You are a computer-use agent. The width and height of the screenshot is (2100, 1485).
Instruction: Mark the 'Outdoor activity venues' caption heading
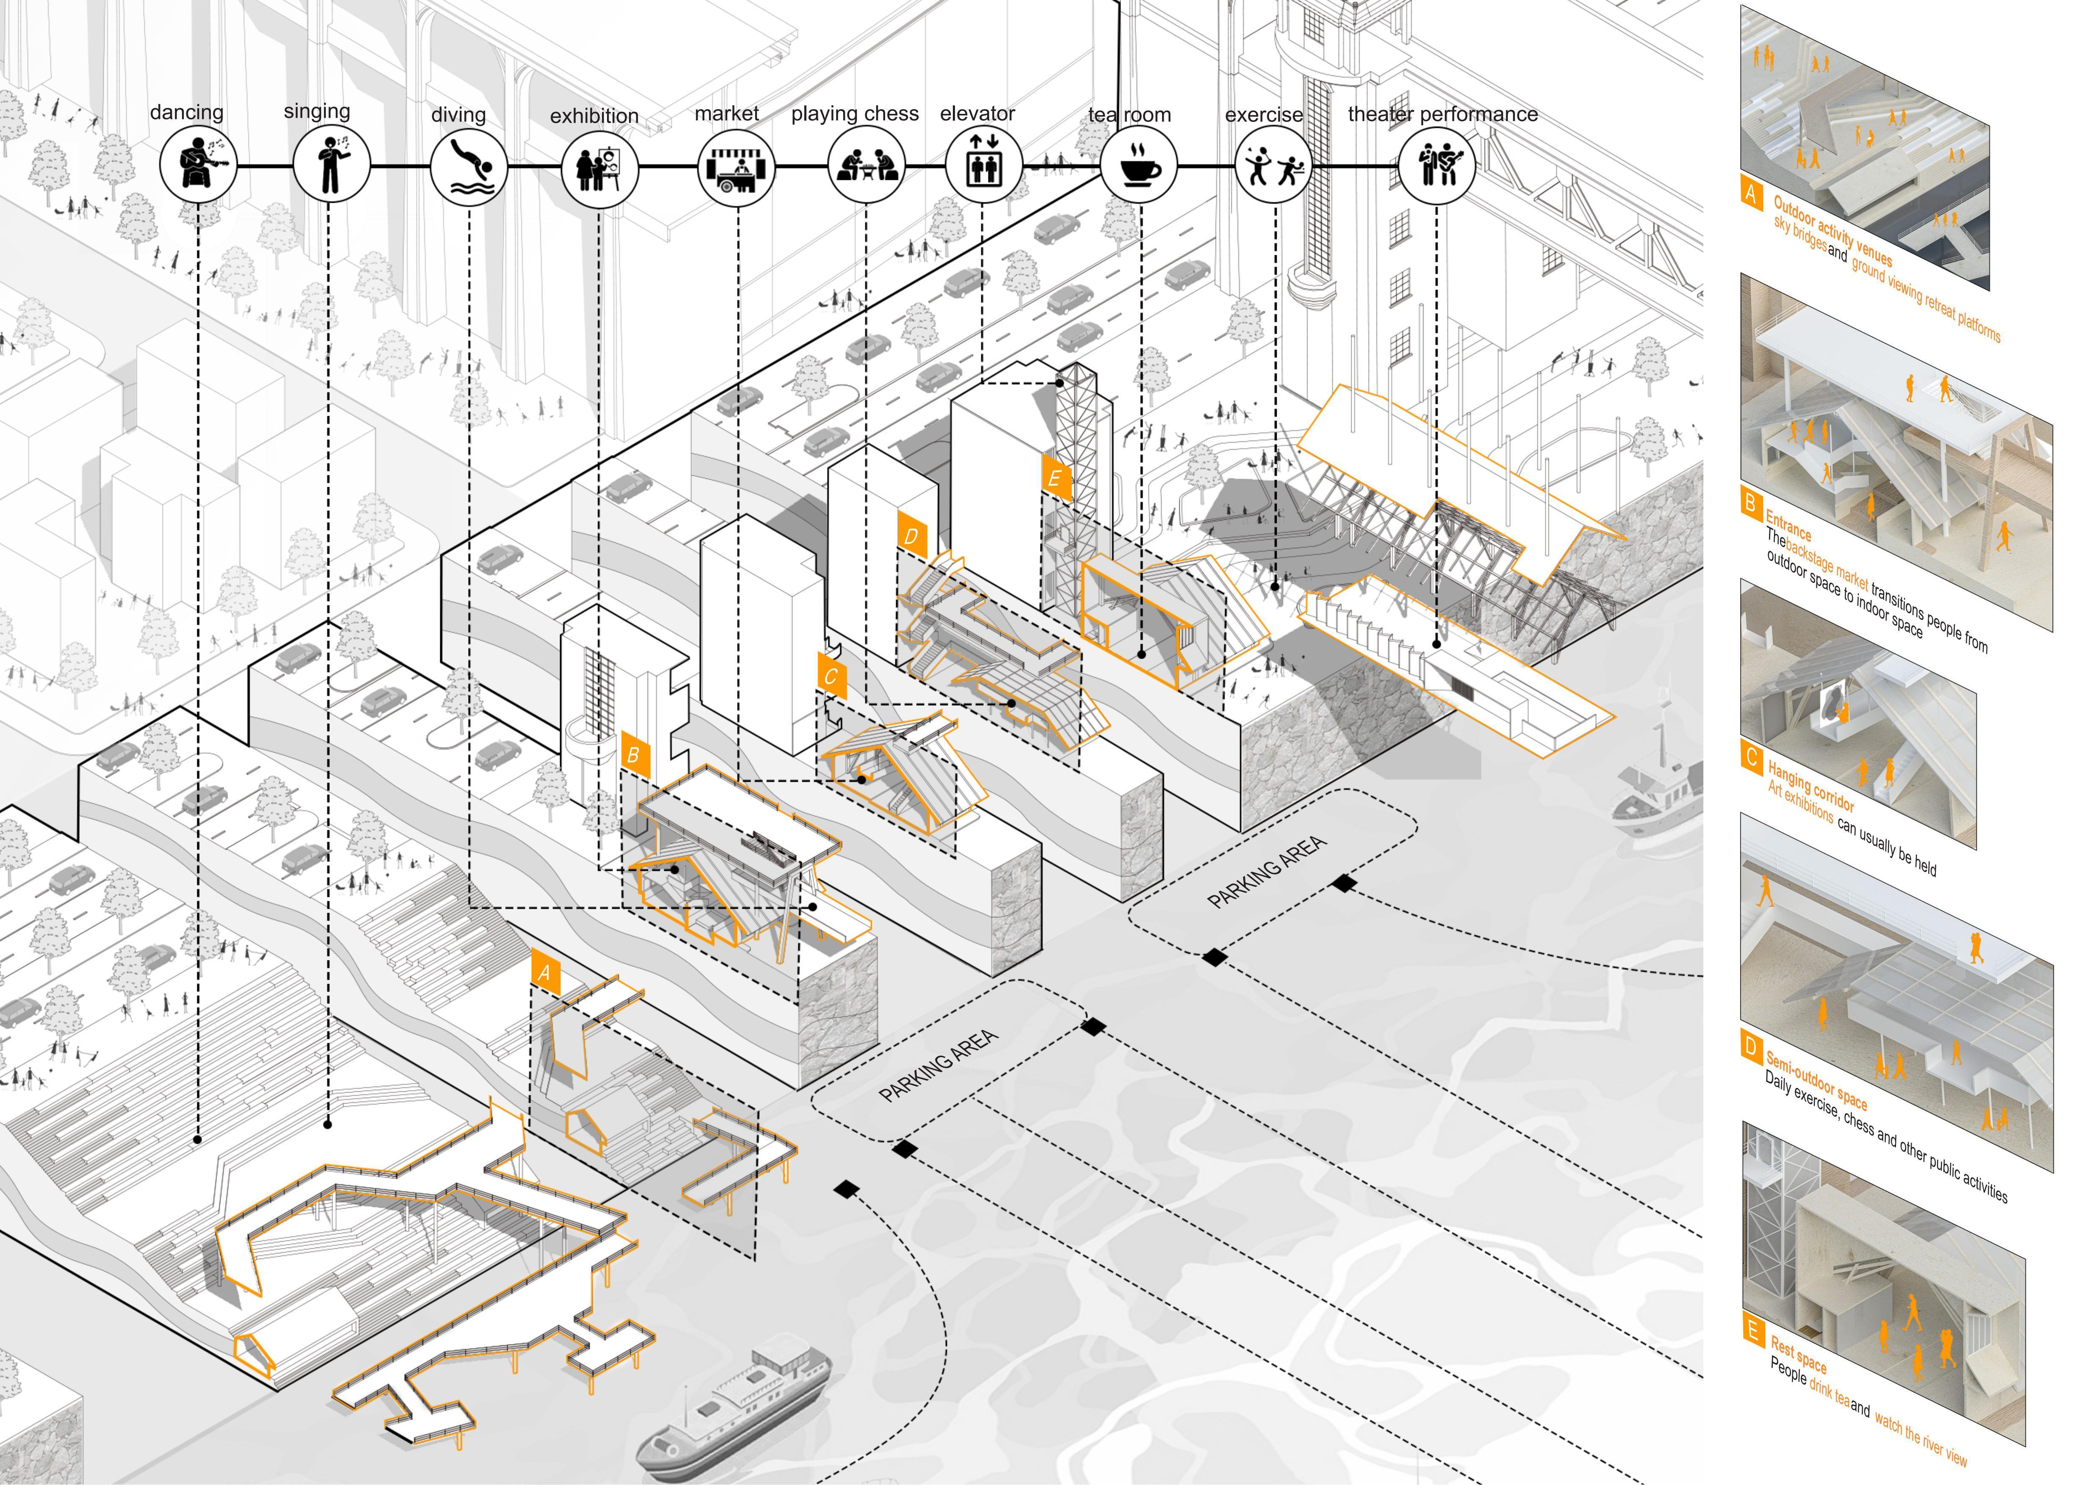[1832, 230]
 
